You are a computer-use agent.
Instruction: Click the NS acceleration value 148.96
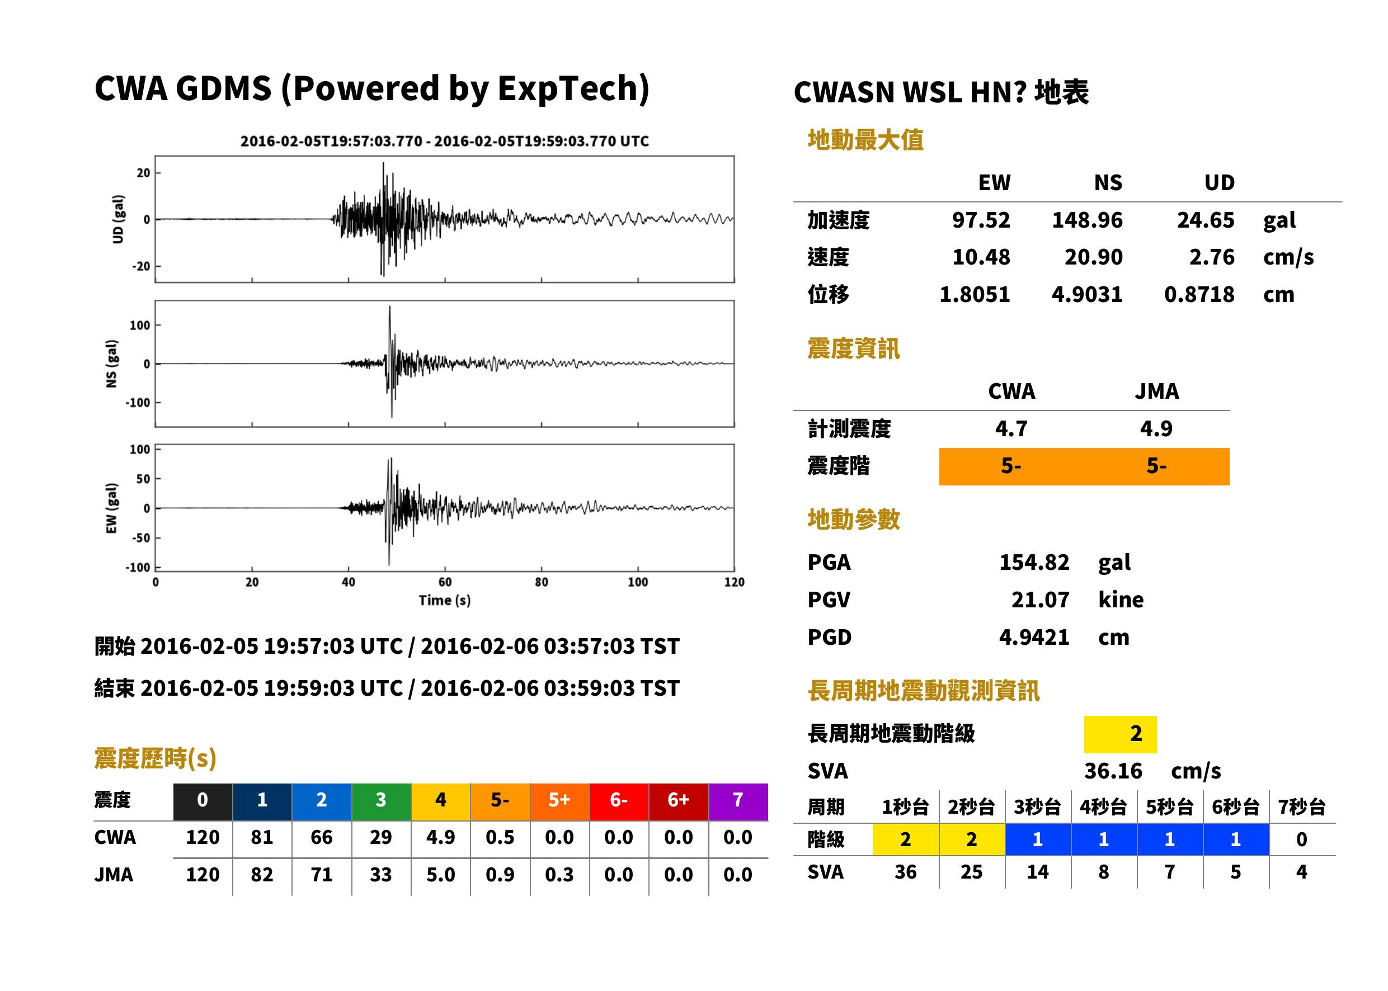[x=1086, y=220]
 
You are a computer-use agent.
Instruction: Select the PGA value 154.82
[x=1034, y=562]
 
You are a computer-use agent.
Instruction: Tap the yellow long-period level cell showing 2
[x=1120, y=734]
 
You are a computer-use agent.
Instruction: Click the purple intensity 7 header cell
[x=738, y=800]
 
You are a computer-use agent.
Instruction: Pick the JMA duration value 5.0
[x=441, y=875]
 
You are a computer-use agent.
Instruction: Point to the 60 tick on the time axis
[x=445, y=582]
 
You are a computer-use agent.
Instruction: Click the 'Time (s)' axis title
[x=444, y=601]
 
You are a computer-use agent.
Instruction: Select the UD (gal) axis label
[x=119, y=219]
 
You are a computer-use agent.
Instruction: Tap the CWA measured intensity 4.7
[x=1011, y=428]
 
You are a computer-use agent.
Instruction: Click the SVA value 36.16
[x=1113, y=771]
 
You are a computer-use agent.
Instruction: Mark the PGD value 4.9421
[x=1034, y=637]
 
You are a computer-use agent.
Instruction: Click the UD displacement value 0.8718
[x=1199, y=294]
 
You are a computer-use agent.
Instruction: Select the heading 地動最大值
[x=865, y=140]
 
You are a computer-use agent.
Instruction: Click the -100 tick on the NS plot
[x=138, y=403]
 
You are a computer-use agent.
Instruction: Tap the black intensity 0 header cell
[x=203, y=800]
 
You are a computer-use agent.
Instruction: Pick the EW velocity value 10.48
[x=981, y=257]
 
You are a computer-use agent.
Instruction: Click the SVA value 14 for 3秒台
[x=1038, y=872]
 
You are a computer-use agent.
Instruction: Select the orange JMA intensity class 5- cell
[x=1157, y=466]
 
